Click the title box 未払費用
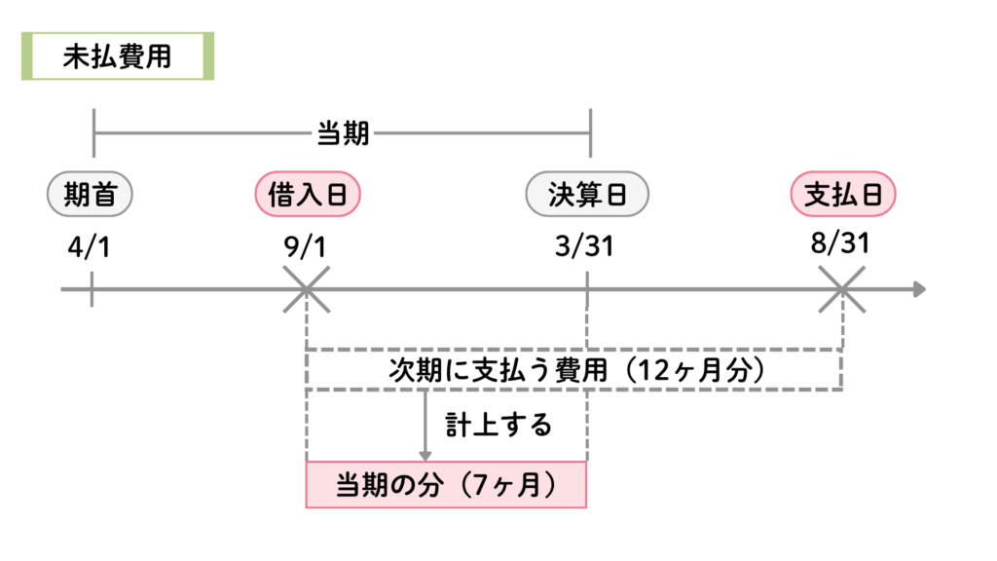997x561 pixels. [117, 57]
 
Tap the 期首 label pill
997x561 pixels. [90, 195]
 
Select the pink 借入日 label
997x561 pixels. [308, 195]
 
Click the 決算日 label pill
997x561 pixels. [586, 195]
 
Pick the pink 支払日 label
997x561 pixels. [842, 195]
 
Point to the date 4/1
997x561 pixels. [90, 246]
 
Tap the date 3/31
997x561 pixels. [584, 246]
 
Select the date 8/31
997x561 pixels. [839, 243]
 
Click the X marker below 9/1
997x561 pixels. [307, 289]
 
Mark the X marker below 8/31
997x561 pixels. [842, 289]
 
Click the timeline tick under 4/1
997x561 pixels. [92, 289]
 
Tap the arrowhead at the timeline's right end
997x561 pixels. [919, 289]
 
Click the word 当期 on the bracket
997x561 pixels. [343, 133]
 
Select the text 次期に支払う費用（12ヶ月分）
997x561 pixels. [574, 370]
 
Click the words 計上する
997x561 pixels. [498, 425]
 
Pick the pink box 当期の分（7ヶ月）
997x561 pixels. [447, 485]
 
